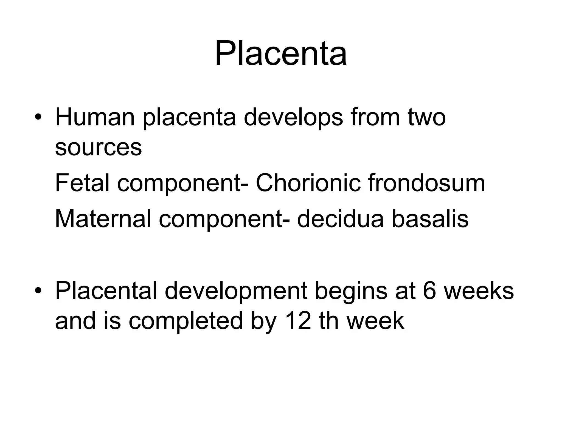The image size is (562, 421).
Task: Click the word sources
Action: click(x=98, y=148)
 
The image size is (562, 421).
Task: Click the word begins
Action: click(x=351, y=292)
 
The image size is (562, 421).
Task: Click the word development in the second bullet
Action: click(x=236, y=292)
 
